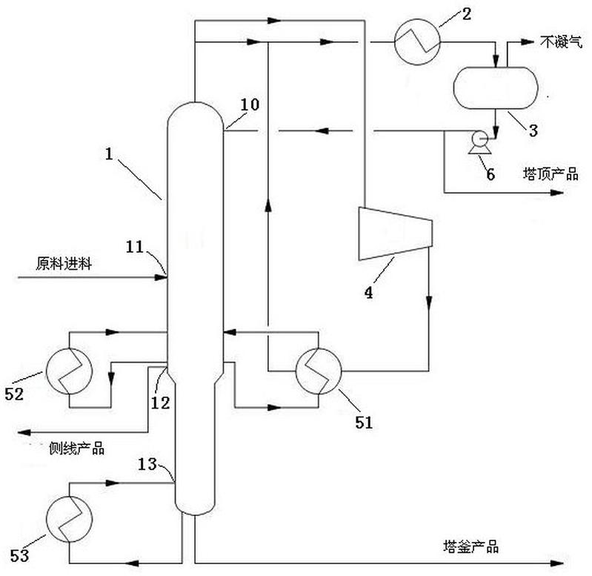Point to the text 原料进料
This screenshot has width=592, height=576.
click(64, 263)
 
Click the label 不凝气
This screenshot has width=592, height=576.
click(561, 42)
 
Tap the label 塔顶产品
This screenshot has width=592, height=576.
click(551, 173)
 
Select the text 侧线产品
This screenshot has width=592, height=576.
click(76, 448)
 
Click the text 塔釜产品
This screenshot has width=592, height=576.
click(470, 546)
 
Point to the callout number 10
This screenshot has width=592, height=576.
click(250, 105)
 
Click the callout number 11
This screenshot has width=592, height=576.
click(135, 247)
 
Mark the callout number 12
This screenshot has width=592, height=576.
click(161, 403)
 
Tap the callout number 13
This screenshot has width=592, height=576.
click(147, 464)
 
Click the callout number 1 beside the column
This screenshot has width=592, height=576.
click(109, 153)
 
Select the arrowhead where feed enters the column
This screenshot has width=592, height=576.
click(162, 277)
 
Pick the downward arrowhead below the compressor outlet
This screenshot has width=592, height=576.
click(429, 302)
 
